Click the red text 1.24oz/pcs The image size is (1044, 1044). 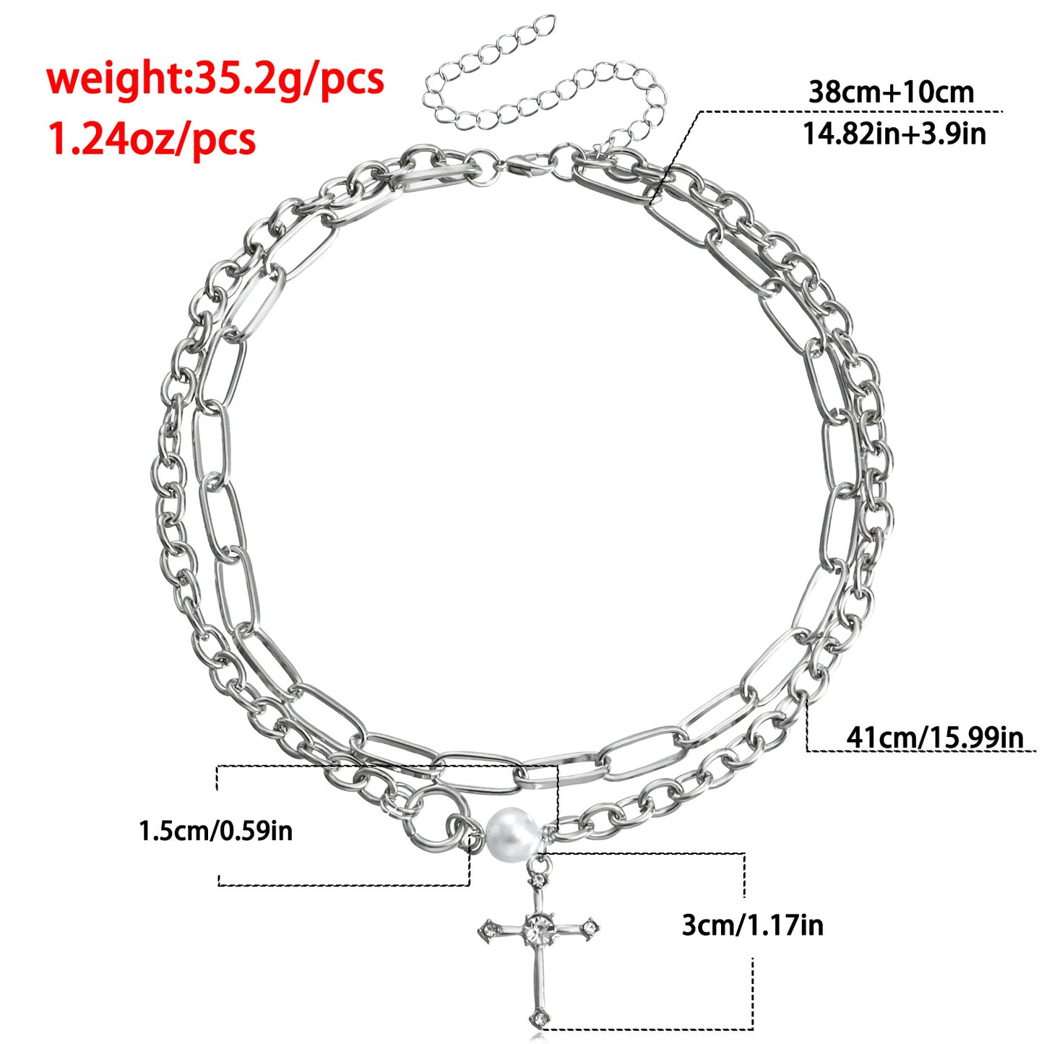pos(152,139)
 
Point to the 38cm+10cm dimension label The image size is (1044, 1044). pos(892,92)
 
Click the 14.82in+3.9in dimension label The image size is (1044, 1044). pos(894,133)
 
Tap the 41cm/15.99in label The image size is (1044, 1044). pos(935,736)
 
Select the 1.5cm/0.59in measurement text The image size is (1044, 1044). pos(215,831)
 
